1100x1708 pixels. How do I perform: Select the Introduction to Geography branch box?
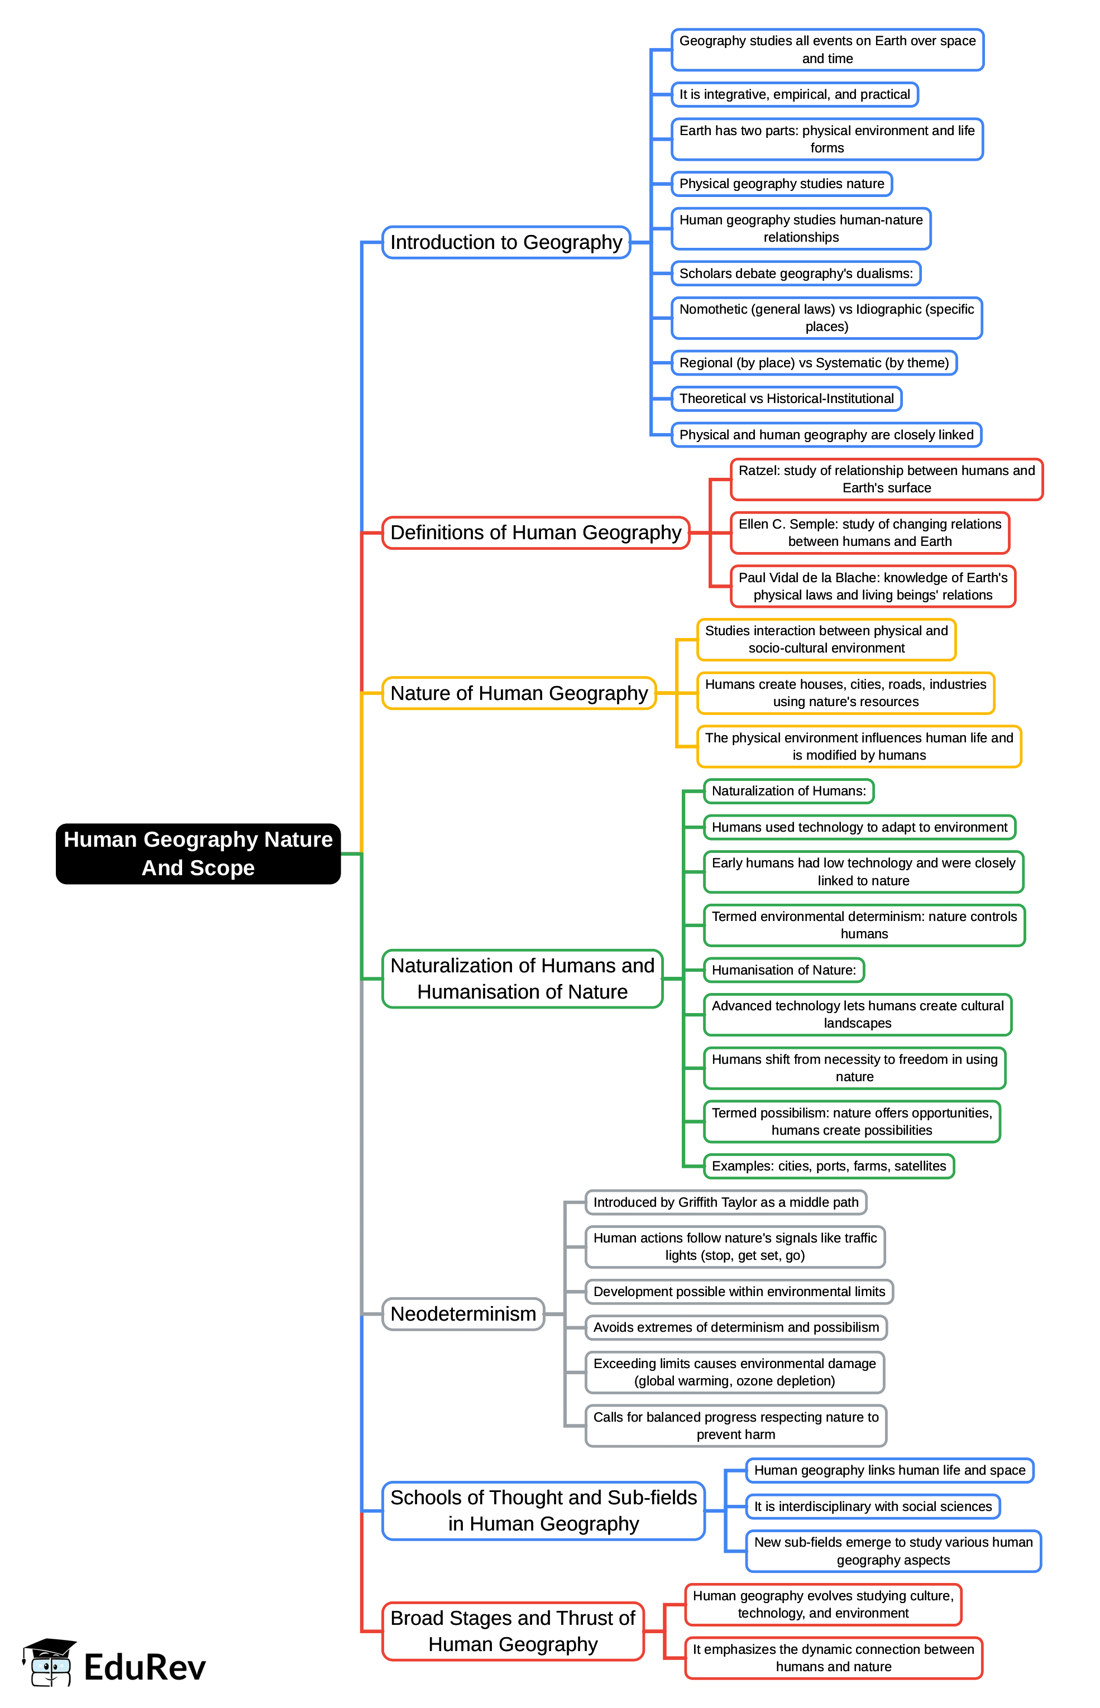coord(506,243)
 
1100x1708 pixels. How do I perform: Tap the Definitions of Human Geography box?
coord(535,532)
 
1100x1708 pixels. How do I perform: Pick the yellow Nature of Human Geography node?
coord(519,693)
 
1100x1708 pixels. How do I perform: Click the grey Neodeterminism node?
coord(463,1314)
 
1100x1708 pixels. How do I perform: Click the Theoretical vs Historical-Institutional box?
coord(786,399)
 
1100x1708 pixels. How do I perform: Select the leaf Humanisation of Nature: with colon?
coord(783,971)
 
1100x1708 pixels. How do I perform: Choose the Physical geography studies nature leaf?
coord(781,184)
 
